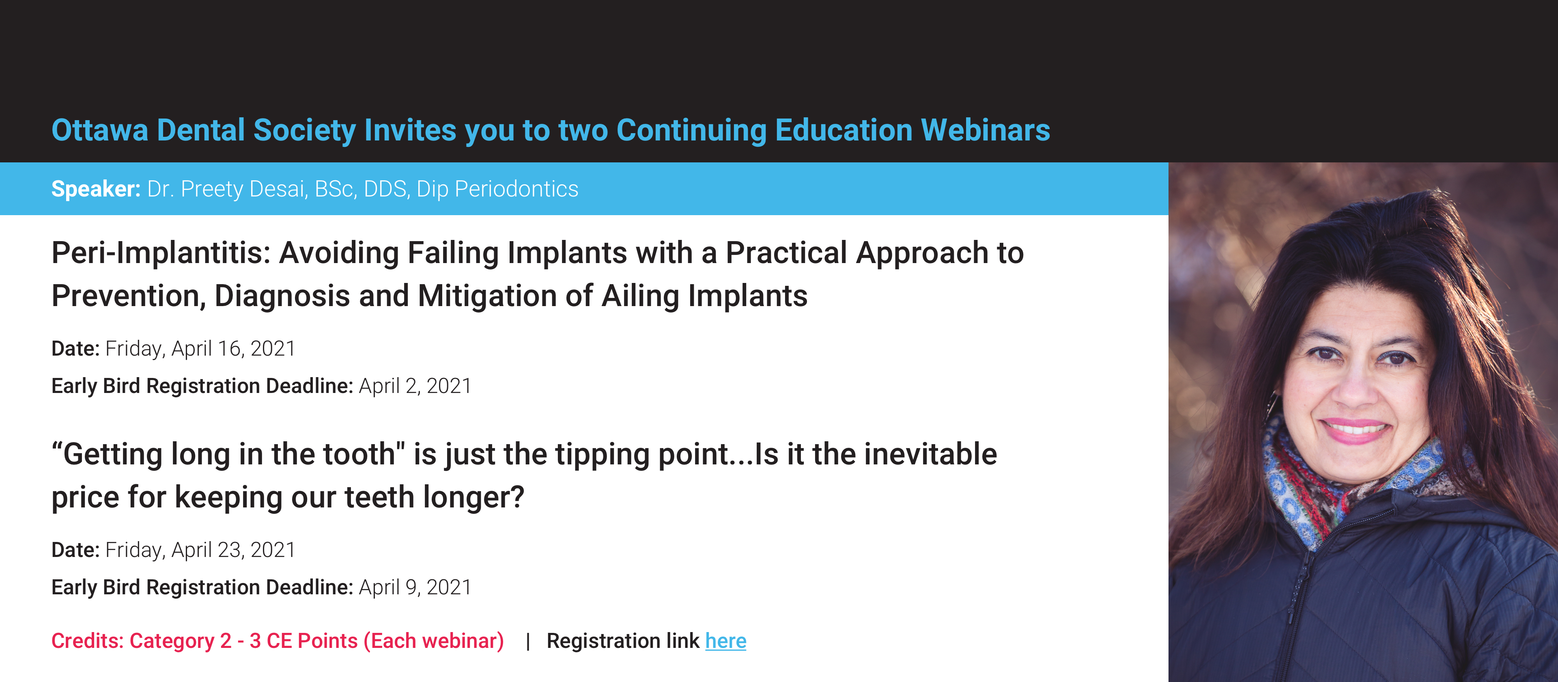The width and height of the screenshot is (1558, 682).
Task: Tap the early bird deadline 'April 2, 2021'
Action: [415, 386]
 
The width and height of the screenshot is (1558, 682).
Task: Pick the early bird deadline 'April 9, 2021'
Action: [415, 587]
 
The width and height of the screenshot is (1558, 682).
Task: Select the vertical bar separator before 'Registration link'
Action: [528, 641]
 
